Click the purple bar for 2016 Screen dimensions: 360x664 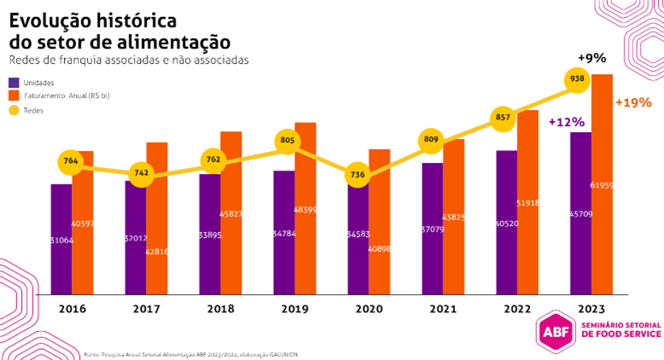click(x=61, y=239)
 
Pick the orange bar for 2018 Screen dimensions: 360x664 click(x=231, y=213)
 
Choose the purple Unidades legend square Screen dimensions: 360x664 click(x=15, y=83)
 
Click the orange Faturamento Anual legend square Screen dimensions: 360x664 click(x=15, y=96)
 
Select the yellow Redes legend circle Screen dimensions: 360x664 click(x=15, y=110)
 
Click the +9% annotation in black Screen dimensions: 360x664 click(x=591, y=58)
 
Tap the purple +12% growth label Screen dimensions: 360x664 click(x=566, y=122)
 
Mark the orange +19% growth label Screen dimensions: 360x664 click(x=632, y=102)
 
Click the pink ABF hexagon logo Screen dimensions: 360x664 click(x=553, y=333)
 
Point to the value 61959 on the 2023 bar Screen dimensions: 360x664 click(x=602, y=185)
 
